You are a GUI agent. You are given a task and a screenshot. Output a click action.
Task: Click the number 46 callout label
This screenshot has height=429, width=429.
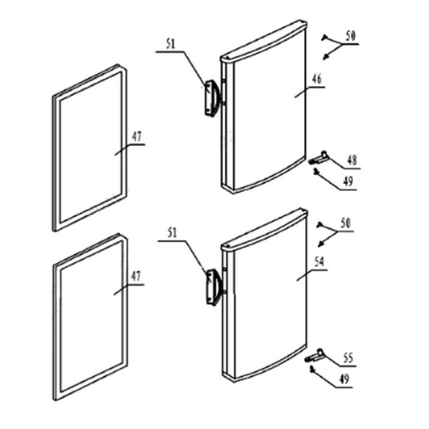click(317, 79)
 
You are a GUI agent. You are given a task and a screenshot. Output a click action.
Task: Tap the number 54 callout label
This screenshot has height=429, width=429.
click(319, 262)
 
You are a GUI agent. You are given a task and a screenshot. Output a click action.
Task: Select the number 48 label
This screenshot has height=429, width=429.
click(352, 160)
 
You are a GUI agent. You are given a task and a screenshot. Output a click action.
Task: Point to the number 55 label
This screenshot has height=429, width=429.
click(348, 358)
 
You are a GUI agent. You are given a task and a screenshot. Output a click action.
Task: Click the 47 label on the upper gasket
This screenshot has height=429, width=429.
click(137, 136)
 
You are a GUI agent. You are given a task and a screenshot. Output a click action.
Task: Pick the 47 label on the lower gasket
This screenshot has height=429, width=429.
click(136, 276)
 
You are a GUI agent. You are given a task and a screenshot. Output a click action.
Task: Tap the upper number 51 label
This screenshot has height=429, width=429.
click(170, 44)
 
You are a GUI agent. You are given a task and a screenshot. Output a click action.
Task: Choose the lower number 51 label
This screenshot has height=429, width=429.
click(172, 233)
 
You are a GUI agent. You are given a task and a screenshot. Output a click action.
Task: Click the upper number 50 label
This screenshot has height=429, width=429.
click(350, 36)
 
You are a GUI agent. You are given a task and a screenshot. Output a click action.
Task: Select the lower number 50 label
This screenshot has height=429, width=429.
click(346, 224)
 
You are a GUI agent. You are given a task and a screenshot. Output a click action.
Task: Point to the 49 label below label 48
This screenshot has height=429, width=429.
click(348, 182)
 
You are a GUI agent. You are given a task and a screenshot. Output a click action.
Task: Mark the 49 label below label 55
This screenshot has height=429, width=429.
click(344, 379)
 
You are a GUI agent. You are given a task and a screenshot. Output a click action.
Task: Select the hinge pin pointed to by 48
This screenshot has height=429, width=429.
click(319, 158)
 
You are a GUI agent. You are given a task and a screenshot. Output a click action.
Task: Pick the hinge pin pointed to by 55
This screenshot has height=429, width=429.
click(314, 356)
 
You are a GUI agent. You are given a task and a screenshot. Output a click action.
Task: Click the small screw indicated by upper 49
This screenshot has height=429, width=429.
click(316, 172)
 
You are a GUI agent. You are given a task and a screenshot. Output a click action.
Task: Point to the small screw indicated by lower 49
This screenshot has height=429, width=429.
click(312, 370)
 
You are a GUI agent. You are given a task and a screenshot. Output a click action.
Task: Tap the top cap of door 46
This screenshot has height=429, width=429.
click(264, 41)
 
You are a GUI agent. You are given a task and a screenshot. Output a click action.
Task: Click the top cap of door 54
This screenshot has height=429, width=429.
click(264, 230)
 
